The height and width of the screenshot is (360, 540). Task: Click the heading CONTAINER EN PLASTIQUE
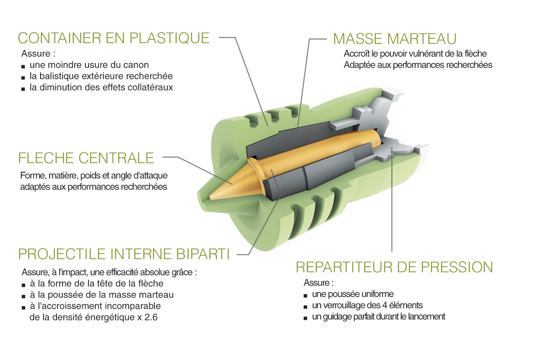tap(114, 38)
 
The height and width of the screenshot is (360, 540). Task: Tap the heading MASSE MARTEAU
tap(394, 39)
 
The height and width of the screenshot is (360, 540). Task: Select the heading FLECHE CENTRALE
tap(86, 158)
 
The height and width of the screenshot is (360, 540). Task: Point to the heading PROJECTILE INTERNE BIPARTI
tap(124, 254)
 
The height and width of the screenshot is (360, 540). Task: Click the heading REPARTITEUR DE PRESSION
tap(394, 267)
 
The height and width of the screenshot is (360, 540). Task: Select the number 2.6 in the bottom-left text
tap(151, 317)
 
